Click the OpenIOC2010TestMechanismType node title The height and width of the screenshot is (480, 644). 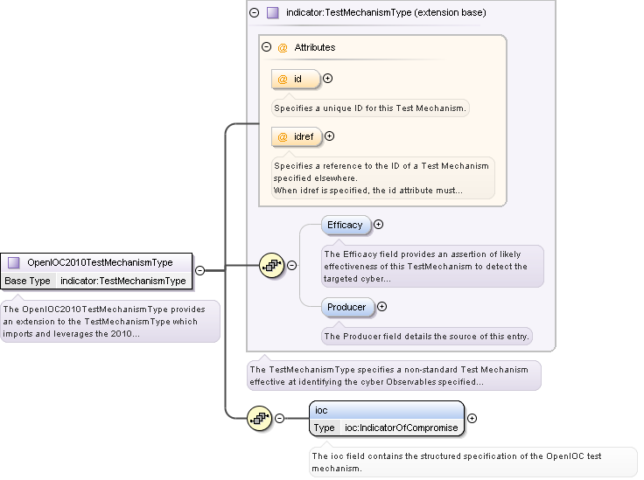pyautogui.click(x=100, y=261)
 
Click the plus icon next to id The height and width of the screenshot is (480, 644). pyautogui.click(x=328, y=79)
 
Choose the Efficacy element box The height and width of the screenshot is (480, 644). pyautogui.click(x=345, y=225)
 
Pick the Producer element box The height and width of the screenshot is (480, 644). pyautogui.click(x=346, y=307)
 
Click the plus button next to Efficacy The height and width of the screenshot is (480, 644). pyautogui.click(x=379, y=225)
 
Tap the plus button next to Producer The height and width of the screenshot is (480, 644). pyautogui.click(x=381, y=307)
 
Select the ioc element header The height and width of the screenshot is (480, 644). pyautogui.click(x=387, y=409)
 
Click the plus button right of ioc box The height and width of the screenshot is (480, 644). pyautogui.click(x=472, y=418)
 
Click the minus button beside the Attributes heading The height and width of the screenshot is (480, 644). pyautogui.click(x=266, y=47)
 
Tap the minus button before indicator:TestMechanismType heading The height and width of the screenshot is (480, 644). pyautogui.click(x=254, y=13)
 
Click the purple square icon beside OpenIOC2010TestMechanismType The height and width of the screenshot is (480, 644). pyautogui.click(x=13, y=261)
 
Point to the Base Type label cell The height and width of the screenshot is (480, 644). pyautogui.click(x=28, y=281)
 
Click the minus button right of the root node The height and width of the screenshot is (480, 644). pyautogui.click(x=199, y=271)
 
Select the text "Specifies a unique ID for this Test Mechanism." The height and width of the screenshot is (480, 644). pyautogui.click(x=371, y=109)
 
